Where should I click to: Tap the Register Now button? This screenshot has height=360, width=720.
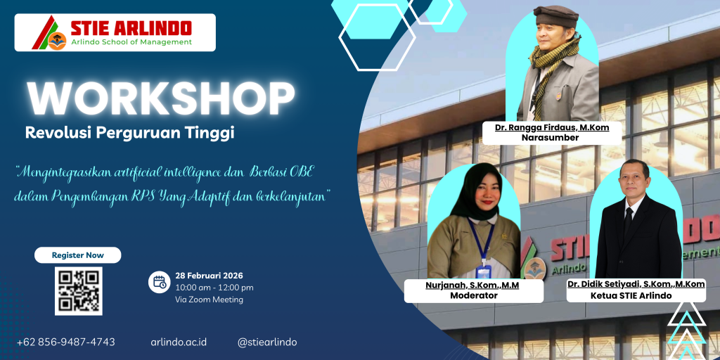pos(78,255)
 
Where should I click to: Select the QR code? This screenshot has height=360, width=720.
pos(79,291)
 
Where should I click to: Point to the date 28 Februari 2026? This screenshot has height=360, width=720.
pos(209,276)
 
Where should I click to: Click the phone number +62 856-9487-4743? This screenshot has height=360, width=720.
pos(66,342)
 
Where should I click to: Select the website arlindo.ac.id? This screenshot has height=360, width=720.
pos(179,342)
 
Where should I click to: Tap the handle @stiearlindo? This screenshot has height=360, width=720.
pos(267,342)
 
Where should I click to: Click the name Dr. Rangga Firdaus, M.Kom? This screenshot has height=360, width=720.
pos(552,127)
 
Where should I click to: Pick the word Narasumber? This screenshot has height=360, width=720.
pos(551,137)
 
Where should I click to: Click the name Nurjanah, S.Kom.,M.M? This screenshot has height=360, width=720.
pos(473,286)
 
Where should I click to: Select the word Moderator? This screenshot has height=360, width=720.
pos(473,296)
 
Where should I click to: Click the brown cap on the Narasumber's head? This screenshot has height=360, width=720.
pos(556,15)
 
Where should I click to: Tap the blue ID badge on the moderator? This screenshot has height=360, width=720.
pos(483,272)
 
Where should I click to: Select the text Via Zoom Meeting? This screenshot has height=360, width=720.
pos(209,300)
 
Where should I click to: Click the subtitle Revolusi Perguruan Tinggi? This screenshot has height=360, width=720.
pos(130,133)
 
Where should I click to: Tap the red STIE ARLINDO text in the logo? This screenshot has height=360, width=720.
pos(131,28)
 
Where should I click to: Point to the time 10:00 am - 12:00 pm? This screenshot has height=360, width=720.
pos(214,288)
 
